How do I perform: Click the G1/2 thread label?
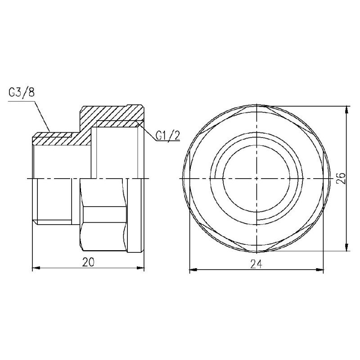pos(167,135)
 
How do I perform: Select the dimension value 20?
pos(88,263)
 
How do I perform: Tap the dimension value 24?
pos(256,264)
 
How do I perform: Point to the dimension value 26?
pos(341,179)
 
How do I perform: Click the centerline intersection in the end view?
pos(256,179)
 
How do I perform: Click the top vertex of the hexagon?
pos(256,108)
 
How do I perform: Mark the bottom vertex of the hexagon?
pos(256,250)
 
